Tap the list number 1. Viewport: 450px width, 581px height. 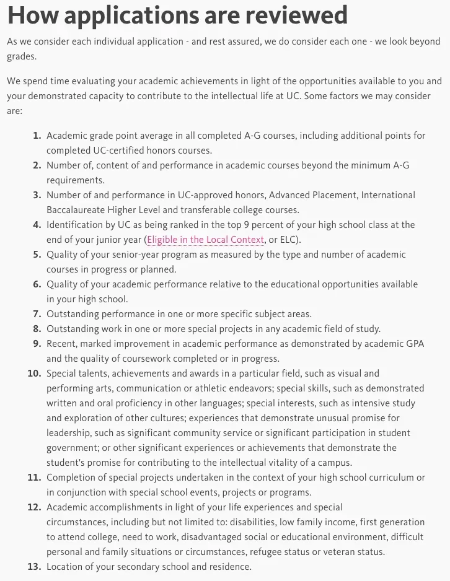(x=37, y=136)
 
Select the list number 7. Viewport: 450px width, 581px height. (x=37, y=314)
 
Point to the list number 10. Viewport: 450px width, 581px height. (x=35, y=373)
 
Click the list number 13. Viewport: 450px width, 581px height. (x=35, y=567)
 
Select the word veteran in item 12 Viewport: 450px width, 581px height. (x=350, y=552)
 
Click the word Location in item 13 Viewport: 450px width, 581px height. (x=66, y=567)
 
